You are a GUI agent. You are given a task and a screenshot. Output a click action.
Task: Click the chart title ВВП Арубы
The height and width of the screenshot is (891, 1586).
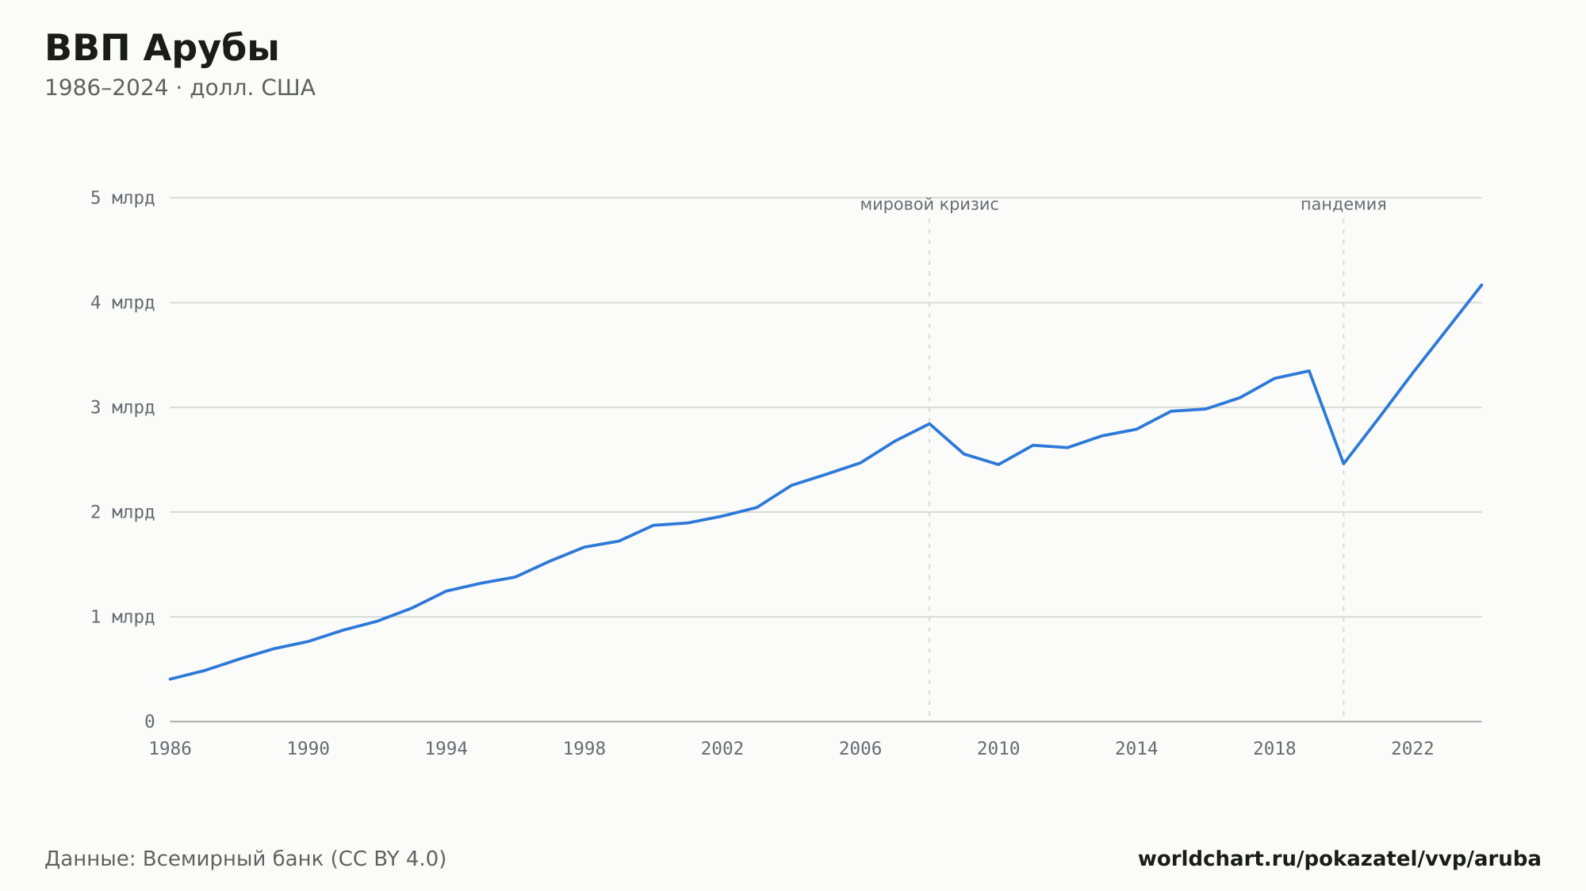tap(162, 48)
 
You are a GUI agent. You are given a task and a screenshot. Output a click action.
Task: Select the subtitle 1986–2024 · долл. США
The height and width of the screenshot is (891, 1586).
tap(180, 88)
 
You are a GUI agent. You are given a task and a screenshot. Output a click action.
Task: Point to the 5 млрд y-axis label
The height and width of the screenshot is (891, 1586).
tap(122, 198)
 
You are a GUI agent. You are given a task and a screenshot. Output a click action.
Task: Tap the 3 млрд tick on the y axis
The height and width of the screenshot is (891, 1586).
tap(122, 407)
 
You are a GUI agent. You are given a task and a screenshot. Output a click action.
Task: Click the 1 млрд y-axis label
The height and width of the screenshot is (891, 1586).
tap(122, 617)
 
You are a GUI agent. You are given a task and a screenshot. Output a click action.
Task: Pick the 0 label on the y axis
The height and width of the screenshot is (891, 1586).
tap(150, 721)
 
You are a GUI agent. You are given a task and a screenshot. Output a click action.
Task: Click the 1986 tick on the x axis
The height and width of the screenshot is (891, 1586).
tap(170, 749)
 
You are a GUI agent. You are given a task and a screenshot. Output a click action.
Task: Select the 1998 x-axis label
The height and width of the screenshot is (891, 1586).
tap(584, 749)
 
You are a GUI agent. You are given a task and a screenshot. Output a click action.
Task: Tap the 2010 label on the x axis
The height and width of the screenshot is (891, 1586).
tap(998, 749)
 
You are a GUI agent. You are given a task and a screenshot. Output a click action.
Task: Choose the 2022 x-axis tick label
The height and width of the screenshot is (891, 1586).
tap(1412, 749)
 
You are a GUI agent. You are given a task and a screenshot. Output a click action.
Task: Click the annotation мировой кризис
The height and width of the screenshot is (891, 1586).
tap(929, 205)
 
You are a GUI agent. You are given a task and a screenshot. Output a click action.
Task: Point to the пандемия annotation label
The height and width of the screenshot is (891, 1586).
tap(1343, 205)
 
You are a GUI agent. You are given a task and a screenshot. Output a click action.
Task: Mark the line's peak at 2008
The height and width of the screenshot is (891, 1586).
tap(929, 423)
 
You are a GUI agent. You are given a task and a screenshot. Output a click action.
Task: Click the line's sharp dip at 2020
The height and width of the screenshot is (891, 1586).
tap(1343, 464)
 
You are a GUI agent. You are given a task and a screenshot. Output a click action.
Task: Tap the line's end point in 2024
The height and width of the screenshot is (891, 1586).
tap(1481, 285)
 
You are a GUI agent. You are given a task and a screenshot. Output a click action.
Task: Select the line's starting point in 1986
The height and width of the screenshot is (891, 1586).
tap(170, 679)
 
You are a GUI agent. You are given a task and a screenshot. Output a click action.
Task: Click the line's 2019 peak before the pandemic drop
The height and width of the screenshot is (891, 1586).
tap(1309, 370)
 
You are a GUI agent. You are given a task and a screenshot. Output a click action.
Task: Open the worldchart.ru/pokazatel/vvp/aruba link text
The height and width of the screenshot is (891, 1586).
tap(1339, 859)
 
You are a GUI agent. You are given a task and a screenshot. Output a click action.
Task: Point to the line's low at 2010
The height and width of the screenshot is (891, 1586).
tap(998, 465)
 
